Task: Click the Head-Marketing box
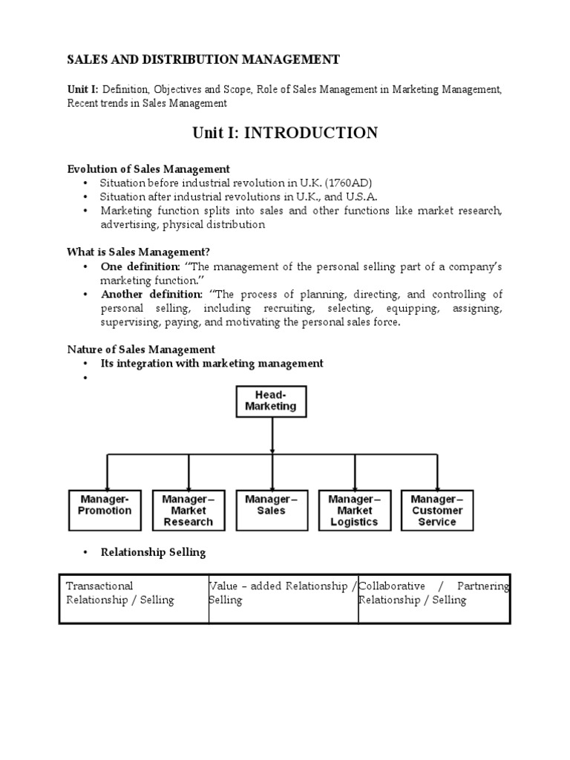tap(272, 401)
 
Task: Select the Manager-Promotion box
tap(105, 510)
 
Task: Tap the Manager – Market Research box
tap(188, 510)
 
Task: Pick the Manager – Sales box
tap(271, 510)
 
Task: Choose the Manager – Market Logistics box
tap(354, 510)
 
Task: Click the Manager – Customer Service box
tap(437, 510)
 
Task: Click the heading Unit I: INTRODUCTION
tap(285, 134)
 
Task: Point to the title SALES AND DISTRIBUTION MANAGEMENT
tap(203, 59)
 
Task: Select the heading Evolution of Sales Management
tap(148, 169)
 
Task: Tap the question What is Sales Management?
tap(144, 252)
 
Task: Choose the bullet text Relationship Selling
tap(154, 553)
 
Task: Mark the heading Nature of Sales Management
tap(141, 350)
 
